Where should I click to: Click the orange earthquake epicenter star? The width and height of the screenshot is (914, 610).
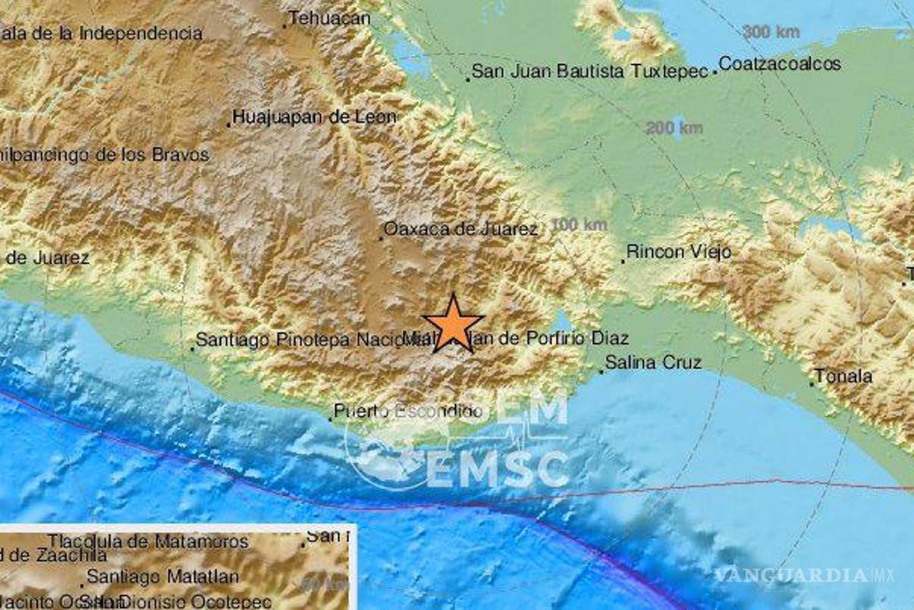click(x=453, y=323)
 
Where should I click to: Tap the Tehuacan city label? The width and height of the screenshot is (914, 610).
click(x=331, y=18)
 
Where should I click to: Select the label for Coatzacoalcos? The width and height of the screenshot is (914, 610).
click(x=780, y=63)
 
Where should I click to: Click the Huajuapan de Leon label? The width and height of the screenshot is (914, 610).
click(x=315, y=117)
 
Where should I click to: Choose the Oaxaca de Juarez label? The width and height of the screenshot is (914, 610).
click(x=462, y=228)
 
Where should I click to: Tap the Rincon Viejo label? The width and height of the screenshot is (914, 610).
click(x=679, y=252)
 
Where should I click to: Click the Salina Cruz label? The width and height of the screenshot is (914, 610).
click(x=653, y=363)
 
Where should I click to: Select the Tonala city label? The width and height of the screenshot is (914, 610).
click(x=844, y=375)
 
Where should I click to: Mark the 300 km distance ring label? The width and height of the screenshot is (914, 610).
click(x=771, y=32)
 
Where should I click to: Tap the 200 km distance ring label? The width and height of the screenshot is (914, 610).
click(x=674, y=127)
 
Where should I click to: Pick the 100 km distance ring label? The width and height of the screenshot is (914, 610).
click(x=579, y=224)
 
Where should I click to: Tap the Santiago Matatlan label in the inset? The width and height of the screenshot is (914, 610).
click(x=162, y=576)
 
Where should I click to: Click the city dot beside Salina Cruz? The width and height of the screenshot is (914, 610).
click(x=601, y=371)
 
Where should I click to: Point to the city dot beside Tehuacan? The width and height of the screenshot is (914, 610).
click(x=285, y=26)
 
